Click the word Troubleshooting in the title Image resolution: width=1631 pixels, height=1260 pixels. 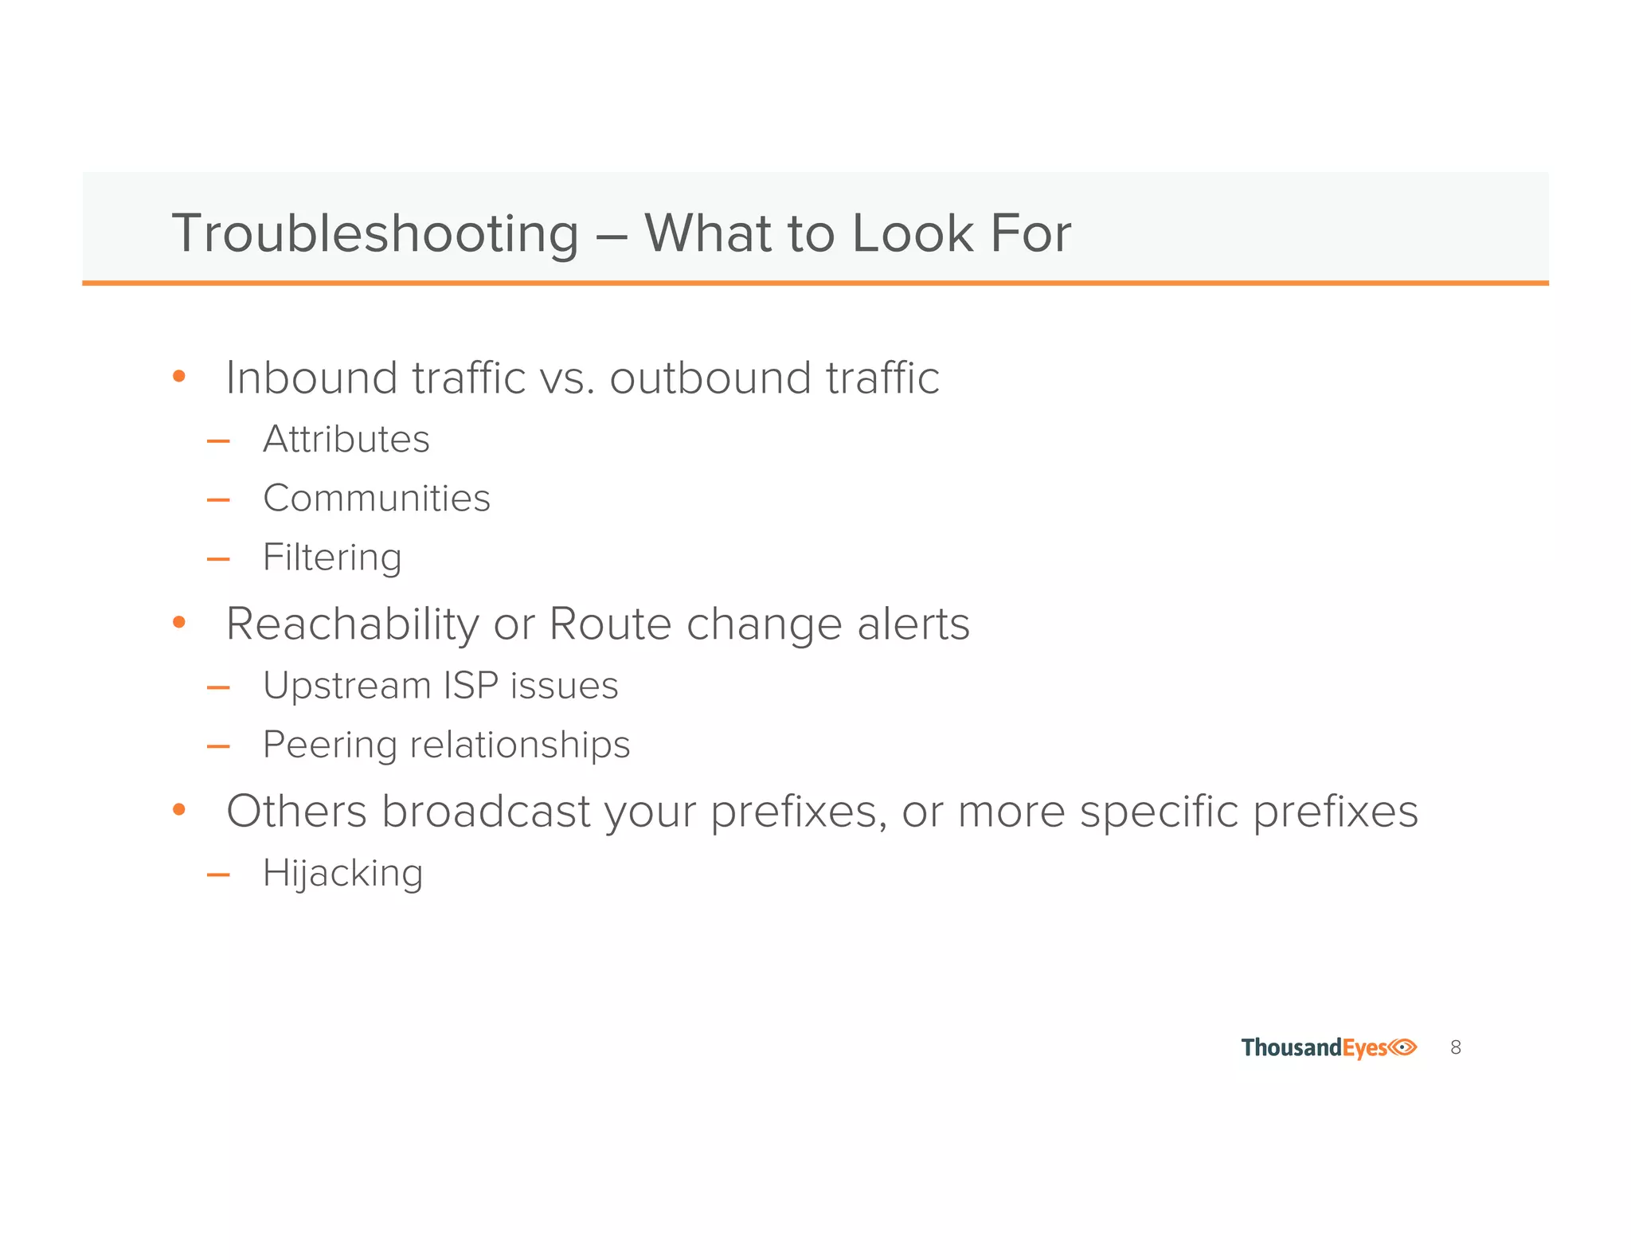point(375,234)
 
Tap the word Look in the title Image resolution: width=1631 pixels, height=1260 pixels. point(913,233)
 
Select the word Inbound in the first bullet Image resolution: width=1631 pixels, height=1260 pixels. point(311,378)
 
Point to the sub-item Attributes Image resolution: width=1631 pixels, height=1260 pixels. point(346,439)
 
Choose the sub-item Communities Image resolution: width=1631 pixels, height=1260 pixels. point(377,499)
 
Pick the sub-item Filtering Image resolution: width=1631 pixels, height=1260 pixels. point(332,558)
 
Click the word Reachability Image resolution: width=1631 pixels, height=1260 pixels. point(353,624)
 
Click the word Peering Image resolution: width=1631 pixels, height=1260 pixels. point(330,745)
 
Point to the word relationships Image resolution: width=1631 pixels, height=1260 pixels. point(520,745)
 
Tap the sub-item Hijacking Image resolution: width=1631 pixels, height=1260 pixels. point(342,874)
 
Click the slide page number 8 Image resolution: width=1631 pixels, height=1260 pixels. point(1456,1047)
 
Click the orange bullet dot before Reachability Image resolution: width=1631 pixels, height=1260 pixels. point(179,622)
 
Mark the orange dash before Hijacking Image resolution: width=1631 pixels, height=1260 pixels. point(217,875)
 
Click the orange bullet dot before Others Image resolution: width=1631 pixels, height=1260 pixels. point(179,810)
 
